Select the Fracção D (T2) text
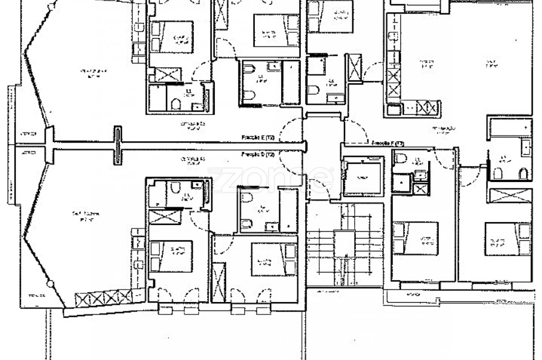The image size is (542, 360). click(258, 154)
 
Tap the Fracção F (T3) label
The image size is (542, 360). click(388, 143)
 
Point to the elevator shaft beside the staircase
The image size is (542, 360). click(363, 177)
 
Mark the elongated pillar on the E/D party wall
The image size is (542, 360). click(118, 144)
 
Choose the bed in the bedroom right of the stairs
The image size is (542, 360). click(415, 238)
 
